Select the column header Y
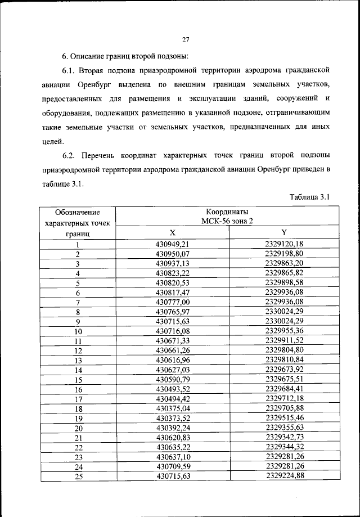[284, 233]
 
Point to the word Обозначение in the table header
[78, 212]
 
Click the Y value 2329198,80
[284, 254]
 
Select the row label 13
[78, 360]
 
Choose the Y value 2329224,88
[284, 476]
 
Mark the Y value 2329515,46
[284, 419]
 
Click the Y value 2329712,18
[284, 399]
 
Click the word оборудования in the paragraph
[66, 113]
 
